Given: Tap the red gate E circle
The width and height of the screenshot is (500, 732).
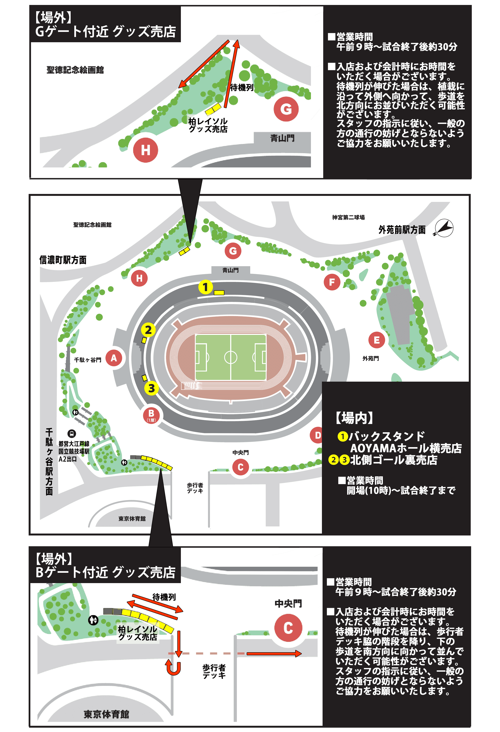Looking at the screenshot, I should click(x=376, y=340).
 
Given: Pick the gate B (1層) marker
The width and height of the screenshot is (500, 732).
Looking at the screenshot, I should click(x=151, y=415).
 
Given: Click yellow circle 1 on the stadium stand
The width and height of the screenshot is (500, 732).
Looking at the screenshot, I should click(x=205, y=287).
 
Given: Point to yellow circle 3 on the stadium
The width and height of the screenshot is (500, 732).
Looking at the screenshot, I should click(x=151, y=388).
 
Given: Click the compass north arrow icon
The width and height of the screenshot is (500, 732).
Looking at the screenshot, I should click(x=444, y=228).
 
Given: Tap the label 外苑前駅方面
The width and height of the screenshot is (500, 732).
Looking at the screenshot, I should click(x=402, y=230).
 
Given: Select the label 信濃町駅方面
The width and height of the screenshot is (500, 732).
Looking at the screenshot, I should click(x=63, y=260).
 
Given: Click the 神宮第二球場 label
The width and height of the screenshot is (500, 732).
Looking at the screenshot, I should click(x=348, y=217).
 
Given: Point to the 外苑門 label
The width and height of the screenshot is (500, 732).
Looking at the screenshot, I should click(x=370, y=358).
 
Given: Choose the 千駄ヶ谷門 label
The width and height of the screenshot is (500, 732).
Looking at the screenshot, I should click(x=87, y=360).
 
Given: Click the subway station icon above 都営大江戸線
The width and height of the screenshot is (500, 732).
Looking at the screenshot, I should click(x=72, y=433).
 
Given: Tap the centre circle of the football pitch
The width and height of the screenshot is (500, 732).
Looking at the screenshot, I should click(x=231, y=357).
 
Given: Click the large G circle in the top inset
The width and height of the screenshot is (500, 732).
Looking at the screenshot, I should click(x=286, y=109).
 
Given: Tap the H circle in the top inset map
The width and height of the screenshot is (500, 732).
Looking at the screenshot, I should click(x=145, y=150).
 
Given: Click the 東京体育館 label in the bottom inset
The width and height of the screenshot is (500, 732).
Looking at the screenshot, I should click(x=106, y=714).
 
